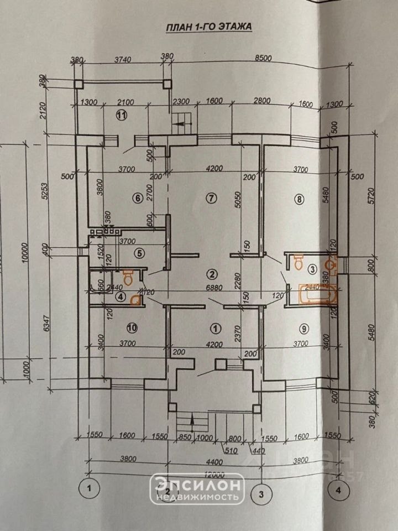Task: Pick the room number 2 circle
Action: [x=211, y=273]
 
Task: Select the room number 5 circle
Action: [x=140, y=253]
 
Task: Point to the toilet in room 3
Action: [x=299, y=261]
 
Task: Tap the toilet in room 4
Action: [x=128, y=277]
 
